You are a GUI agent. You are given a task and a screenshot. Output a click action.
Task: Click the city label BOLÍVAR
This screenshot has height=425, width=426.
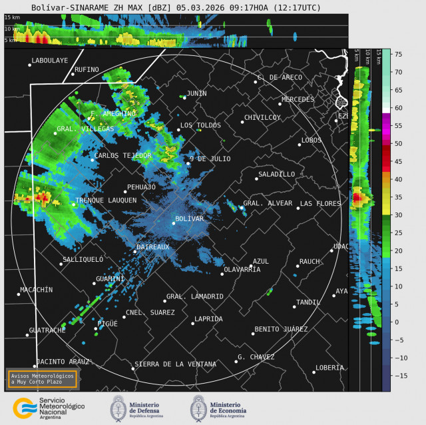coord(189,218)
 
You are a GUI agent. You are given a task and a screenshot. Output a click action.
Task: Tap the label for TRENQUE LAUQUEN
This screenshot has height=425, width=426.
coord(106,200)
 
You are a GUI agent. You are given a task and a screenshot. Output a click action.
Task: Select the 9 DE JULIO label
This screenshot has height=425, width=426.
coord(210,159)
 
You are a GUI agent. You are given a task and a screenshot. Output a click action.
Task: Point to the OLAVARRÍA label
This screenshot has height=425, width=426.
coord(242,269)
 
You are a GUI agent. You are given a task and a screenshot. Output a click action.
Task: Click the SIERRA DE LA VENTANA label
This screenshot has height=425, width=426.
coord(175,364)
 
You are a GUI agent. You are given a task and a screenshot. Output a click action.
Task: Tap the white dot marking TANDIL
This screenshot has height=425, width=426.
coord(294,307)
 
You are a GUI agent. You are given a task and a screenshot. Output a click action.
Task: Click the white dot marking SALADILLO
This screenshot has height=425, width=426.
coord(257,179)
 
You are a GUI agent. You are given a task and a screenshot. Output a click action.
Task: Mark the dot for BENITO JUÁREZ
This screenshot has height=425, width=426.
coord(253,334)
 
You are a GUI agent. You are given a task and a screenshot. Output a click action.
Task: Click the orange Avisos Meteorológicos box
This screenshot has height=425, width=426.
coord(42,378)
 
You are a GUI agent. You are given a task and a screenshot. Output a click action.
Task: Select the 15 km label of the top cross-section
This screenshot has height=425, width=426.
coord(11,17)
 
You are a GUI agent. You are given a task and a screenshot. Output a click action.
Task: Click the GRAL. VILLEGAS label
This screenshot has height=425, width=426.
coord(85,129)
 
